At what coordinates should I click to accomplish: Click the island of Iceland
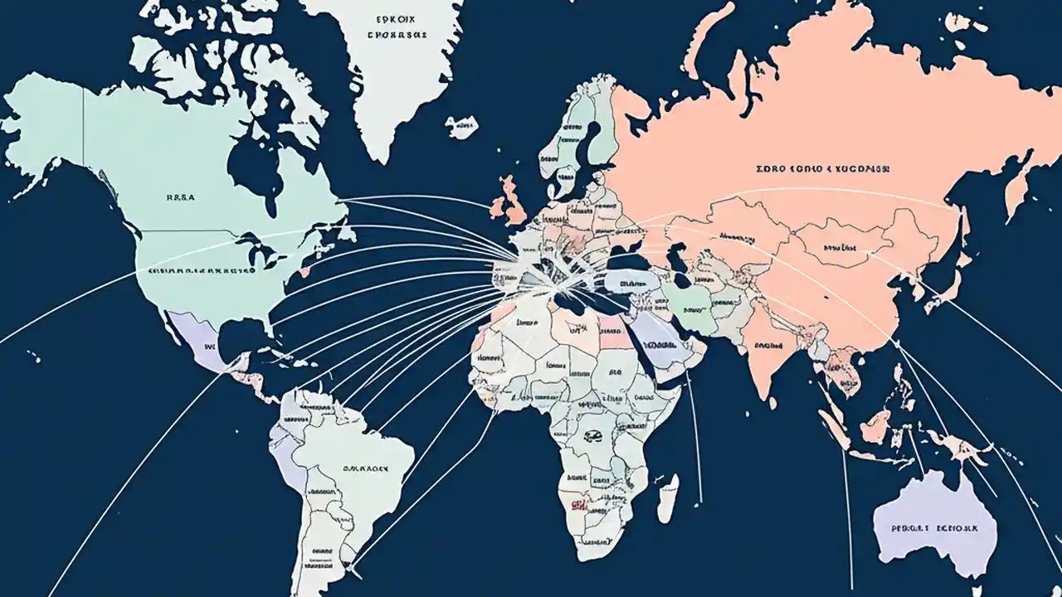pyautogui.click(x=461, y=127)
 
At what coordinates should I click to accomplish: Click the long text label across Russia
pyautogui.click(x=822, y=168)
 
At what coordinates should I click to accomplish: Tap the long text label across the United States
pyautogui.click(x=202, y=271)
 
